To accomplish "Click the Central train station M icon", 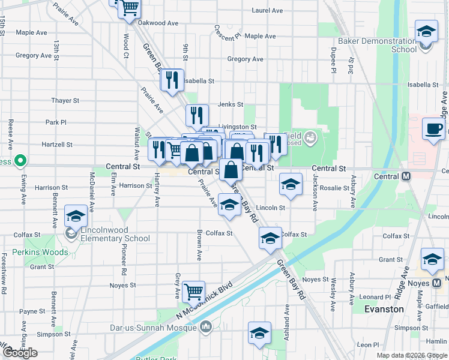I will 405,176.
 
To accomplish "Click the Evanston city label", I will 384,309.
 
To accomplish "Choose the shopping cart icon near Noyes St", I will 194,292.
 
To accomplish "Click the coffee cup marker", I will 433,128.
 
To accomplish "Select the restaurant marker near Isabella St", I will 172,80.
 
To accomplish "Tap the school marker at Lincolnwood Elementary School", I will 76,215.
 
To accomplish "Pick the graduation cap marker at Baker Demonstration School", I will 426,31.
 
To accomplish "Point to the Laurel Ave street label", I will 268,10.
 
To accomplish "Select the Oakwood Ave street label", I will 158,23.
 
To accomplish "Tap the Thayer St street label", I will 65,101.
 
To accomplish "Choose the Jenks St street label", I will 231,104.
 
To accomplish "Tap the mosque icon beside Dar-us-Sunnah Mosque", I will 206,328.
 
